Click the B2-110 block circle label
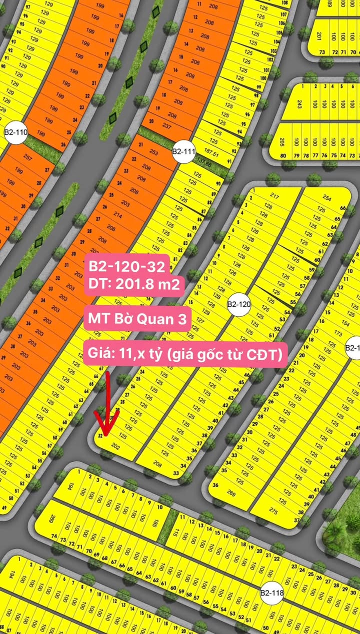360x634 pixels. (x=15, y=132)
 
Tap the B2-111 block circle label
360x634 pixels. (x=183, y=151)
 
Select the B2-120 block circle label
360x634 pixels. (x=238, y=304)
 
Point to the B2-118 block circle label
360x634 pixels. (x=272, y=593)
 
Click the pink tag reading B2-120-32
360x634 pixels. (x=126, y=267)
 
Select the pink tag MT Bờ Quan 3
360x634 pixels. (x=137, y=318)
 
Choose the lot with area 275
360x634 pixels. (x=273, y=510)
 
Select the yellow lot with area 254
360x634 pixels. (x=327, y=198)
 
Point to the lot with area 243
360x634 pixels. (x=299, y=104)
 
